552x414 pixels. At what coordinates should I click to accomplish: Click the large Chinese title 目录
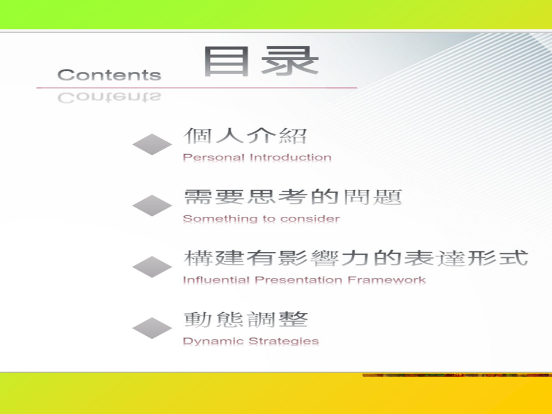pos(261,62)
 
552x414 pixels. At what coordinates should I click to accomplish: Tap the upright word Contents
pos(109,75)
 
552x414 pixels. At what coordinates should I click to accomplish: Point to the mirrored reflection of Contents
pos(109,98)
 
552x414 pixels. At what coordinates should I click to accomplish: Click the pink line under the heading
pos(197,87)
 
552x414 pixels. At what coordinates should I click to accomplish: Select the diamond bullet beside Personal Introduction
pos(152,144)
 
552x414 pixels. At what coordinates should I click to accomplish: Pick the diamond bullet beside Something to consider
pos(152,206)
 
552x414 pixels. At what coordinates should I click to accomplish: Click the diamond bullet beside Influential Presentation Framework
pos(152,267)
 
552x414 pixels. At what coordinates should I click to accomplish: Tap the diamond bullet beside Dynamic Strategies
pos(152,328)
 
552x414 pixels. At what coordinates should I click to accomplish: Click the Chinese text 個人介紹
pos(246,136)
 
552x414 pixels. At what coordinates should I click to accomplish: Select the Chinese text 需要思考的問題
pos(293,197)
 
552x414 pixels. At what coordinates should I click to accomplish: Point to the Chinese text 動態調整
pos(246,319)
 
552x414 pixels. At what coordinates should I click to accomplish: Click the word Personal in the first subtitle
pos(214,157)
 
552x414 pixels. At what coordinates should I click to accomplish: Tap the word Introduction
pos(290,157)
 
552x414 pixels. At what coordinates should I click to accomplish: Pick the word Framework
pos(386,280)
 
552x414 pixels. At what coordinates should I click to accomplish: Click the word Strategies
pos(283,341)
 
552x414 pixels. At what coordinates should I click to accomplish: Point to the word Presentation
pos(298,280)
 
